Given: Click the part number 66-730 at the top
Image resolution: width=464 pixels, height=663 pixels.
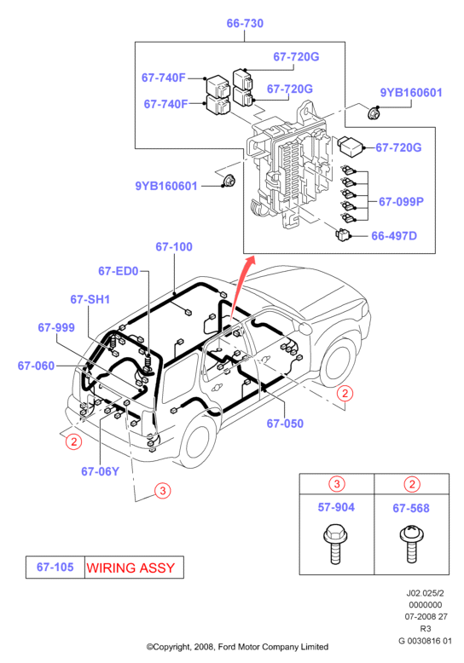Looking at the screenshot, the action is pos(245,23).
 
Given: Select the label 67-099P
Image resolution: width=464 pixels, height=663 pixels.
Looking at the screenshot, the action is pos(401,201).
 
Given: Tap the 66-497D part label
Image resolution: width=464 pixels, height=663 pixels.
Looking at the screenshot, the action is pos(394,235).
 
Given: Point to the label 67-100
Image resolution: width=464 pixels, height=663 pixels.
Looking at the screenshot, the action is pos(174,246).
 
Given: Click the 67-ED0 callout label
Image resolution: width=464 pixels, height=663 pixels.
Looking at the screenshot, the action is pos(118,271).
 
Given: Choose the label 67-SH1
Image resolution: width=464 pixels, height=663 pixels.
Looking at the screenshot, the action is pos(90,299).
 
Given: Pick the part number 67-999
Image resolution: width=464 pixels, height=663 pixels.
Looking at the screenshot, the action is pos(56,327).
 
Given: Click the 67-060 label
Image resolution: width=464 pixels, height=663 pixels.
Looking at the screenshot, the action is pos(36,366).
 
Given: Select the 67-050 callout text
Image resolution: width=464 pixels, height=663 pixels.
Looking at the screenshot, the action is pos(285,424).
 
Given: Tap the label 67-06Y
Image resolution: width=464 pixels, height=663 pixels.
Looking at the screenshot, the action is pos(100,471).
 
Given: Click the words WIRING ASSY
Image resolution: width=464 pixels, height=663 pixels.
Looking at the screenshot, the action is pos(130,568).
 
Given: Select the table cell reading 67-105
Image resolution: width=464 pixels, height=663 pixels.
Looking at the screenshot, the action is pos(55,567).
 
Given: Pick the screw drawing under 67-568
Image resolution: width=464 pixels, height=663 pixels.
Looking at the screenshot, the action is pos(411,544).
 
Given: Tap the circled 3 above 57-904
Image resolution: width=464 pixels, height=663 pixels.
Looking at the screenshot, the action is pos(337,483).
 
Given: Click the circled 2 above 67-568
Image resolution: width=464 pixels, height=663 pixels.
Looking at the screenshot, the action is pos(412,484).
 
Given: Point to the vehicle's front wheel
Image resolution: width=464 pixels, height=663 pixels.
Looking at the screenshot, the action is pos(338,363).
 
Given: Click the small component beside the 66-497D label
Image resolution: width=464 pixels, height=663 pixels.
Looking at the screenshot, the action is pos(342,234).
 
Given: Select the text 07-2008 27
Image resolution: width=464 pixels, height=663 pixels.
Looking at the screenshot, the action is pos(426,616).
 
